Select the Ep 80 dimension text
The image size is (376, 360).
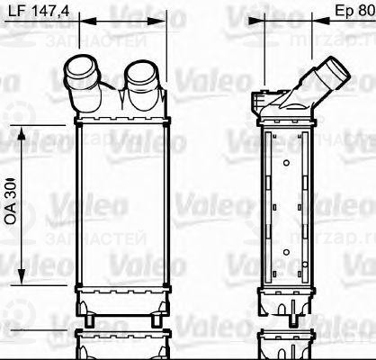pos(347,13)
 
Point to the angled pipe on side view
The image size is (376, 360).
pos(327,71)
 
